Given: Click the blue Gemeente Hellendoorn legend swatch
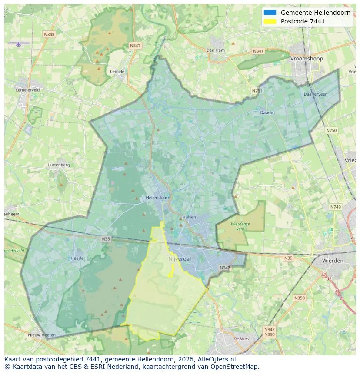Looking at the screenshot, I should pos(270,13).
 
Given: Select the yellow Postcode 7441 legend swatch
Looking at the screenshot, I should pos(270,21).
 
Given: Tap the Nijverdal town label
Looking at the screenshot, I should pos(180,259).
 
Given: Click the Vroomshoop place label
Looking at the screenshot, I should pos(307,59).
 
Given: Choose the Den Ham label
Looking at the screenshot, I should pos(216,50).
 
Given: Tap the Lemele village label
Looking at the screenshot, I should pos(117,72).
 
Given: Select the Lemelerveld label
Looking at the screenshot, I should pos(27,90).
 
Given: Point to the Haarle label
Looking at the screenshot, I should pos(77,258).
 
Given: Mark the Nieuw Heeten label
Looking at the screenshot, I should pos(42,335).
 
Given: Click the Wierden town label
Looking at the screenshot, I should pos(333,261).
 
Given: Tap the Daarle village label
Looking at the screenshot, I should pos(267,113).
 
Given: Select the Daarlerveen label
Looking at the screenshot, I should pos(316,94).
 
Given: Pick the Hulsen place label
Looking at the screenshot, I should pos(189,217).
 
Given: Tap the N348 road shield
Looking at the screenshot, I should pos(49,34).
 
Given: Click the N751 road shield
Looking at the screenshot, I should pos(257,91).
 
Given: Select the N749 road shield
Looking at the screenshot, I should pos(335,207).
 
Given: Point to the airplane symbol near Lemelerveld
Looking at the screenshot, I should pos(18,44).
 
